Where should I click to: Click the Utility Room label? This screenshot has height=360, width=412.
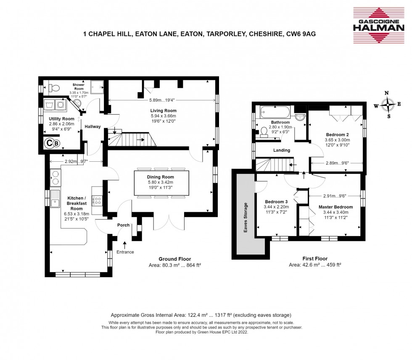click(x=61, y=119)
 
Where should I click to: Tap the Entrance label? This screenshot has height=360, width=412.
click(x=125, y=252)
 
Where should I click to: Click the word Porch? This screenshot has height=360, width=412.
click(x=123, y=225)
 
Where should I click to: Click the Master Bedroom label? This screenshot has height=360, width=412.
click(x=335, y=207)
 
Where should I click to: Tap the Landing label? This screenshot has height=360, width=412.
click(x=281, y=150)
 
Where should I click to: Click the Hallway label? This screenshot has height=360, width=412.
click(x=92, y=126)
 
